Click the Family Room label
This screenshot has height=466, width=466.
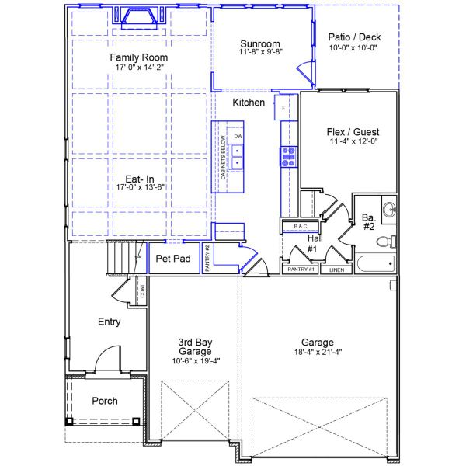(x=138, y=57)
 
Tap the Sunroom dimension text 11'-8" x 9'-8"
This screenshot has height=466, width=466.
(x=261, y=52)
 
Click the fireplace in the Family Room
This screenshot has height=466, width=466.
(x=138, y=18)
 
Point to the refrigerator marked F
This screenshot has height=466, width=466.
(x=283, y=107)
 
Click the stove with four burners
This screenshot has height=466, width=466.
(x=289, y=157)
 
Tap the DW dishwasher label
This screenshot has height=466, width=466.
(x=238, y=136)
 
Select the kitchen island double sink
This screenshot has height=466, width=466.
(x=238, y=156)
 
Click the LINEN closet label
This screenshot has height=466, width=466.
(x=336, y=270)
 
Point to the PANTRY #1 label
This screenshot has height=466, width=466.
(x=300, y=270)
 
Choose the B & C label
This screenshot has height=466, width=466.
(x=300, y=227)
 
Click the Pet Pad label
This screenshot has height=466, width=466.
(x=173, y=259)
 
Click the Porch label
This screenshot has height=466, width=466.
(x=105, y=401)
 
